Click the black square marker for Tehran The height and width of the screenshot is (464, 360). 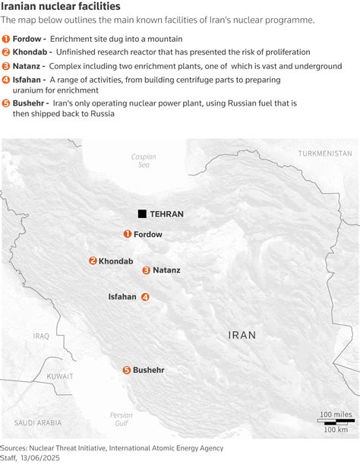click(x=142, y=214)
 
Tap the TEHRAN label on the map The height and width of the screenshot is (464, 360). click(x=167, y=214)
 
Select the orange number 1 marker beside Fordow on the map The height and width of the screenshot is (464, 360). click(x=128, y=234)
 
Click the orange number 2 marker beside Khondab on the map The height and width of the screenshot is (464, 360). click(x=93, y=260)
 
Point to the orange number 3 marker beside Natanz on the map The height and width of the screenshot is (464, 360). click(x=146, y=270)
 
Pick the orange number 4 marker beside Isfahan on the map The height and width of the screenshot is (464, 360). click(x=145, y=297)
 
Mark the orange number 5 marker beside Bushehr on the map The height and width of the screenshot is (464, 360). click(x=126, y=370)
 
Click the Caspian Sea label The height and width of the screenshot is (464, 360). click(x=144, y=161)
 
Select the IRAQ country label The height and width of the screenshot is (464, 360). click(x=41, y=335)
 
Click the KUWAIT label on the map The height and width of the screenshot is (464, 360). click(x=59, y=376)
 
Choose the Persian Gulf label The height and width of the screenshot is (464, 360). click(x=121, y=419)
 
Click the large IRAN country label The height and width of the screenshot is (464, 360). click(x=242, y=334)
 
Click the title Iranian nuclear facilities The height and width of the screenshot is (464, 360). click(x=61, y=7)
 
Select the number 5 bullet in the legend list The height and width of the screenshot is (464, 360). click(x=6, y=102)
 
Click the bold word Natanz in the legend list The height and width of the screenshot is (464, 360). click(x=27, y=65)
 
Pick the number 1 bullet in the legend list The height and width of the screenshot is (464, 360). click(x=6, y=38)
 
